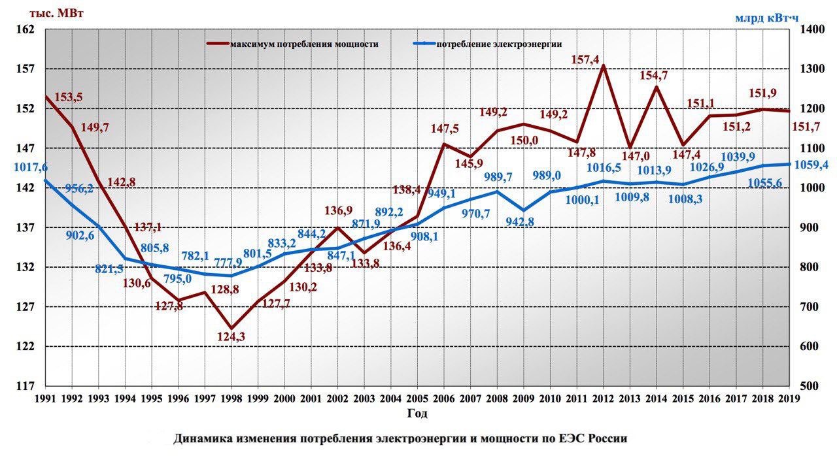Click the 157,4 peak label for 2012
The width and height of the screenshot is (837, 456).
585,59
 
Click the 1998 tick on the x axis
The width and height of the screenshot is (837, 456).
231,398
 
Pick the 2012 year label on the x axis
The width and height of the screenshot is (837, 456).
603,398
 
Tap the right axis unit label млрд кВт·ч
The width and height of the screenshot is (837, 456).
766,17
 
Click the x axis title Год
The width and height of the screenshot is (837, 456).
417,414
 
